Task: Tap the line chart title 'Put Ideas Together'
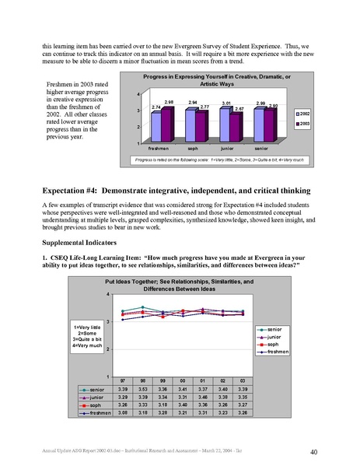coord(180,282)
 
